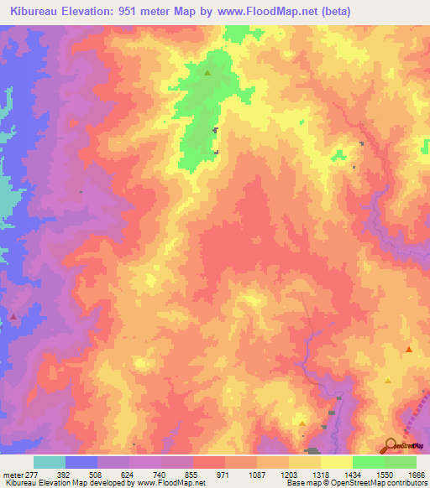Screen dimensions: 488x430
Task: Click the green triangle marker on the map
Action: click(x=207, y=72)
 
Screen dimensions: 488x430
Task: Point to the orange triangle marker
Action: click(x=409, y=349)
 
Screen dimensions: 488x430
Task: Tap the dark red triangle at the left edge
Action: click(x=13, y=317)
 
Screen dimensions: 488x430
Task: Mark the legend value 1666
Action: click(x=416, y=475)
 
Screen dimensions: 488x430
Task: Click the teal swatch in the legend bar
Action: click(x=50, y=462)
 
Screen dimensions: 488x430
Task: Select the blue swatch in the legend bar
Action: click(x=81, y=462)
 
